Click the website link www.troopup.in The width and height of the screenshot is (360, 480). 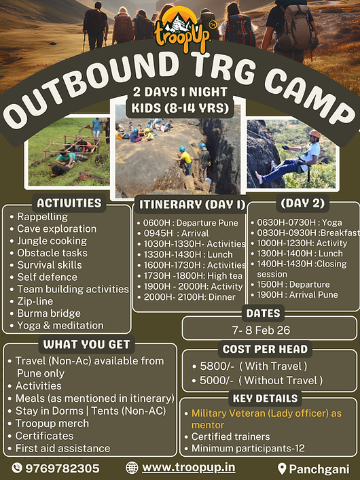[188, 468]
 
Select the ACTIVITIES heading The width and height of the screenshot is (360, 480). [69, 203]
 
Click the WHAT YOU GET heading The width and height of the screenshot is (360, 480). [86, 344]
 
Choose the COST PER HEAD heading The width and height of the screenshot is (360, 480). [265, 349]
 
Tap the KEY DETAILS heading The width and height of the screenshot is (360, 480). [265, 398]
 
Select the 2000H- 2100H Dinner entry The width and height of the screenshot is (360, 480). [190, 296]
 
